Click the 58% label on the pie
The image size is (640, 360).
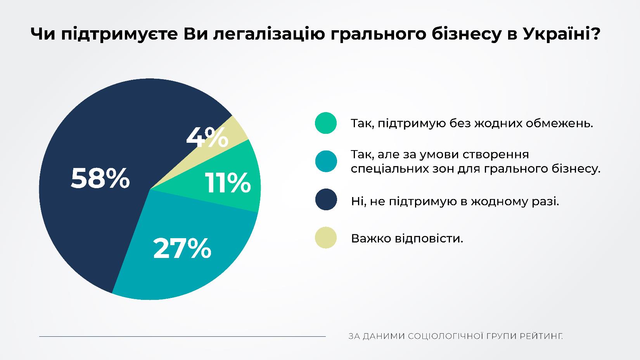click(100, 178)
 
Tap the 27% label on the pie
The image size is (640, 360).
click(182, 249)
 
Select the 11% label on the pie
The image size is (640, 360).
click(228, 183)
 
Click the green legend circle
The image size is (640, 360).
click(326, 123)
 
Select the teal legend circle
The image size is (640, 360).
click(326, 161)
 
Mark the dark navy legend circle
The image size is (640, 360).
click(326, 199)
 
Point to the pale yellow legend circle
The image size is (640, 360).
click(326, 237)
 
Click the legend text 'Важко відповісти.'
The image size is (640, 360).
click(407, 238)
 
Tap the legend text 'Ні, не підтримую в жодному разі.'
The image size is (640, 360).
click(455, 201)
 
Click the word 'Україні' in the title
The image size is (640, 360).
click(556, 34)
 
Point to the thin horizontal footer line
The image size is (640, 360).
click(182, 336)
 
